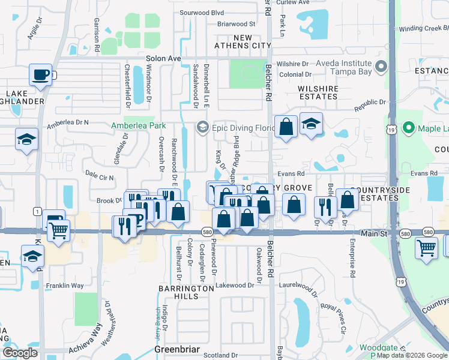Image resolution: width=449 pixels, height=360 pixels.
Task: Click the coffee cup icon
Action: (40, 75)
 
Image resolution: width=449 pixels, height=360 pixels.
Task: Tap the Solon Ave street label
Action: (163, 58)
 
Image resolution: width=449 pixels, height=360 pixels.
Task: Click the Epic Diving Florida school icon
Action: (202, 126)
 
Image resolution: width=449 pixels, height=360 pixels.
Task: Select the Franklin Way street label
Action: (65, 286)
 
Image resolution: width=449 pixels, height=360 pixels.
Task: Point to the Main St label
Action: (374, 233)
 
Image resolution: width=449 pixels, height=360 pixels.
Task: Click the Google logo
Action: (20, 352)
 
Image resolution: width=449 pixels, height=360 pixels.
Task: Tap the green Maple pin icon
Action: (409, 128)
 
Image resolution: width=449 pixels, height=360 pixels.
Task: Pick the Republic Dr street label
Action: (369, 105)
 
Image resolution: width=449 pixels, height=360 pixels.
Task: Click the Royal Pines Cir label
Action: (334, 317)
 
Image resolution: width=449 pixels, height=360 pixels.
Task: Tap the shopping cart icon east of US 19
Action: (426, 246)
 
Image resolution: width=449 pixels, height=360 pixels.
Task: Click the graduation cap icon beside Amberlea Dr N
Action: (26, 139)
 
